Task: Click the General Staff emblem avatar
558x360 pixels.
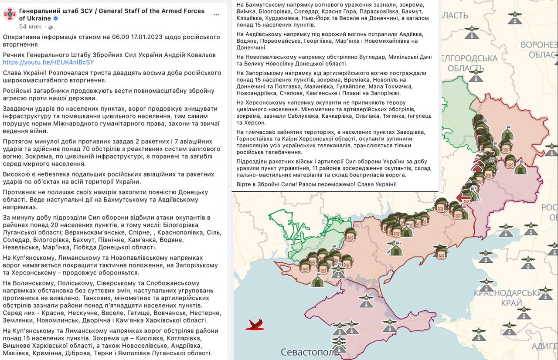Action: [10, 15]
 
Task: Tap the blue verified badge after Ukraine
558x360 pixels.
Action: [55, 19]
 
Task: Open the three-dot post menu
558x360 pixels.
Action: [216, 15]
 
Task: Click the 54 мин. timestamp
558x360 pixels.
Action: [31, 27]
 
